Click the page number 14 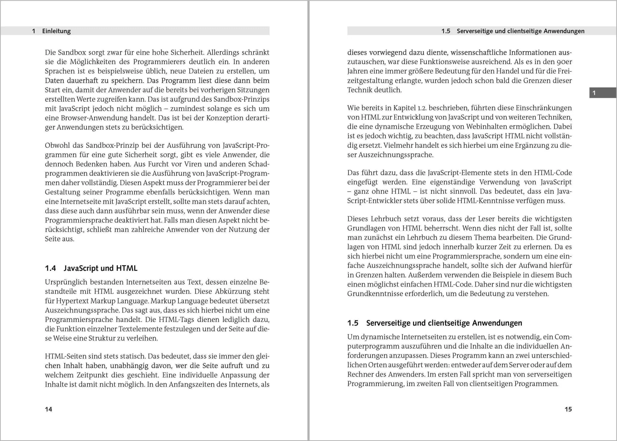49,409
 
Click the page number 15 568,409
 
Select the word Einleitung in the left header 56,31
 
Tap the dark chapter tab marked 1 602,93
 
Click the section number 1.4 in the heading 51,268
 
